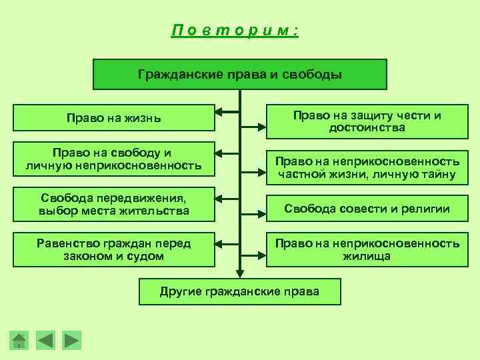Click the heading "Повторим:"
click(235, 31)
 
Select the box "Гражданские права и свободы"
click(239, 74)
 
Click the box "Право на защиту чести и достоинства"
click(367, 121)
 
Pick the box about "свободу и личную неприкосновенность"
click(113, 159)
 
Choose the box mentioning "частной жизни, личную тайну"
click(367, 168)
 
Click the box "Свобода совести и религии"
click(367, 209)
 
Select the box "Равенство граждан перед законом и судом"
click(113, 249)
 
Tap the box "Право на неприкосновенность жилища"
click(367, 249)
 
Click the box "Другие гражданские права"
click(239, 291)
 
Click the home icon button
click(20, 340)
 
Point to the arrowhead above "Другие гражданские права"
click(239, 272)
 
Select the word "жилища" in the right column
click(367, 256)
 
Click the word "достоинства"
click(367, 127)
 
